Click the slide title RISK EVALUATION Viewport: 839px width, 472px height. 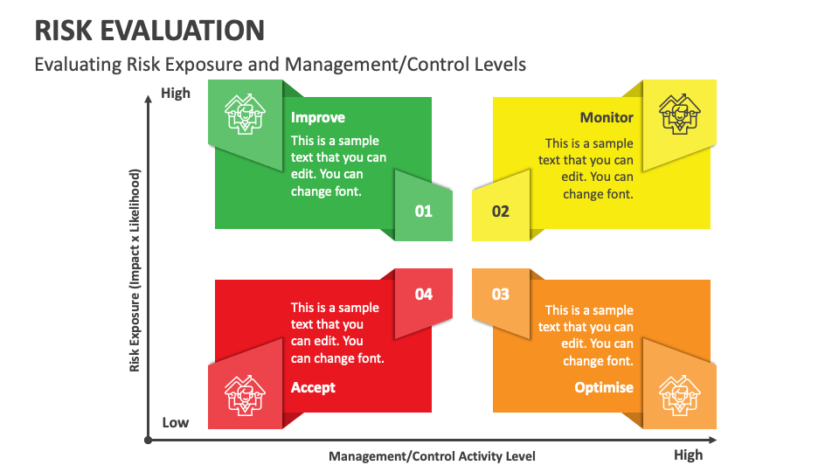(149, 31)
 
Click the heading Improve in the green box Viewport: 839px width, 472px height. (318, 118)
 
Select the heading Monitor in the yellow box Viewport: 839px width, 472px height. (607, 118)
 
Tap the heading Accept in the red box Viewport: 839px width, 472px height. (313, 387)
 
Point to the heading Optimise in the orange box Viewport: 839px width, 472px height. (604, 387)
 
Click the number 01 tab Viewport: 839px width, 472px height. (424, 211)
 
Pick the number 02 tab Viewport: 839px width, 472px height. (500, 211)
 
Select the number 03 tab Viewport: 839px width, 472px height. (500, 295)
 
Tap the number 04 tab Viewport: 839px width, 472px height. (424, 295)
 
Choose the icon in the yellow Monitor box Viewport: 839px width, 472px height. (679, 114)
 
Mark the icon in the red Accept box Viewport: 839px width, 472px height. (245, 394)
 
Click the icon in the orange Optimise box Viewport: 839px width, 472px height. (679, 394)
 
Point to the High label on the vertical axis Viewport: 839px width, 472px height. (176, 94)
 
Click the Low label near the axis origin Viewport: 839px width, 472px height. (176, 423)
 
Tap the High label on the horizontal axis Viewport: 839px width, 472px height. (688, 455)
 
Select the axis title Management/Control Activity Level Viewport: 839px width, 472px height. (432, 456)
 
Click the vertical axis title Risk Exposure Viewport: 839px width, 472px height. (135, 270)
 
